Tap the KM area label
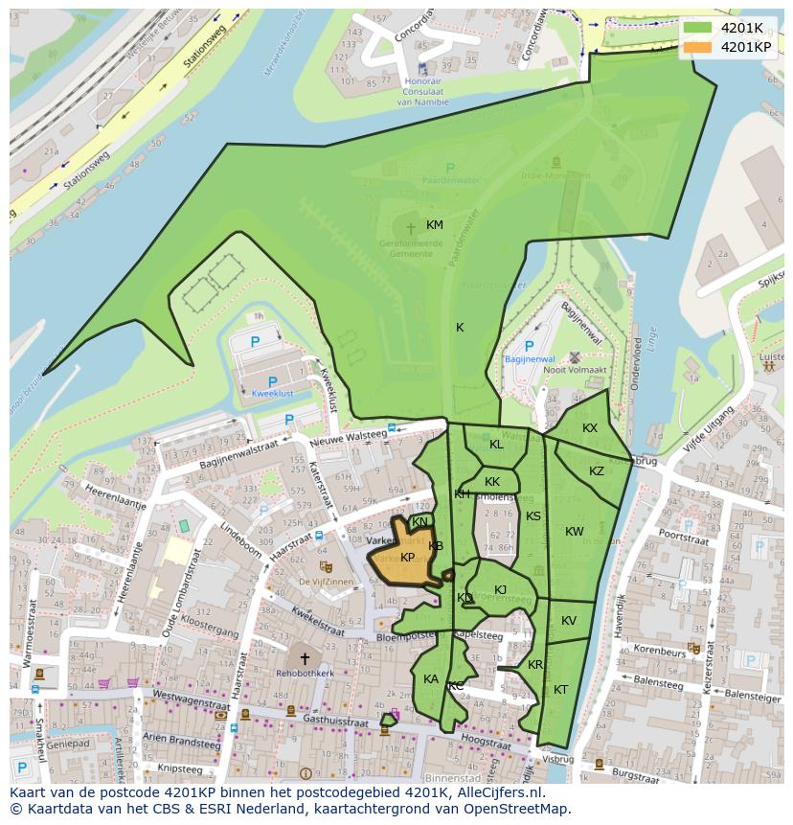coord(435,225)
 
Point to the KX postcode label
coord(590,428)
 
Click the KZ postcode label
coord(597,471)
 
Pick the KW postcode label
coord(574,532)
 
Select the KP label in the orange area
coord(408,558)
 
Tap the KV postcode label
coord(569,621)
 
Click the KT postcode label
coord(560,690)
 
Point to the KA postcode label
coord(431,679)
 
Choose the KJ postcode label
coord(500,590)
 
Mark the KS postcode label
coord(533,516)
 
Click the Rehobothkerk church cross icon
coord(305,658)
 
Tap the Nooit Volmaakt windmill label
coord(575,371)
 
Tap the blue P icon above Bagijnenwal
coord(529,346)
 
